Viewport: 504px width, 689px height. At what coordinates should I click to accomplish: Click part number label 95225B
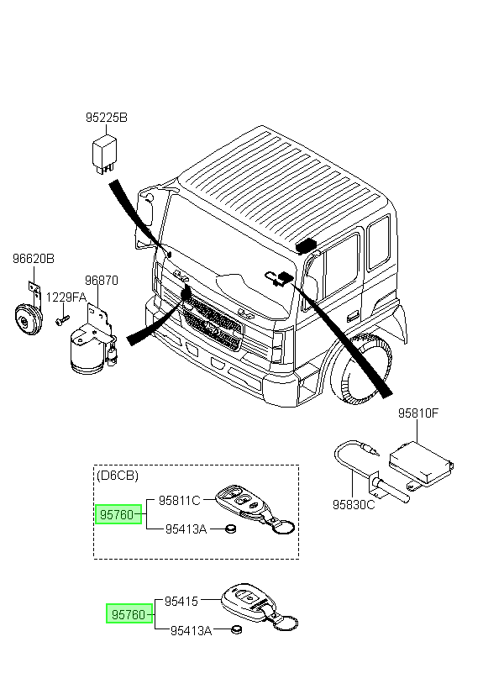(107, 118)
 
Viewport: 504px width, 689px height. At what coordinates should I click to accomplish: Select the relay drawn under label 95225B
(104, 154)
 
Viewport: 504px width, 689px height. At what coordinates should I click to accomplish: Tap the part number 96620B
(34, 259)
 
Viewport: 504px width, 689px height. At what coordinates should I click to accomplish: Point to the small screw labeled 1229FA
(62, 319)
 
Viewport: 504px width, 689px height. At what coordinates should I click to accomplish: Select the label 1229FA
(66, 297)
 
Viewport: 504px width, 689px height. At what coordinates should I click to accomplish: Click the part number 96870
(102, 280)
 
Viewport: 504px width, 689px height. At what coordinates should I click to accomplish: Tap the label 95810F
(418, 413)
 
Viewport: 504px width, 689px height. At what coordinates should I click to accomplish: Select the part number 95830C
(354, 504)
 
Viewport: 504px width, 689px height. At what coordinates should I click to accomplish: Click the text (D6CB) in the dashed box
(118, 476)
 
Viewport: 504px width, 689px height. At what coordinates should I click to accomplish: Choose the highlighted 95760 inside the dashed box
(118, 514)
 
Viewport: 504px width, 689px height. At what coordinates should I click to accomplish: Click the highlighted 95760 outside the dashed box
(129, 614)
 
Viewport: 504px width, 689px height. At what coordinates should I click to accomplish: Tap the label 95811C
(179, 500)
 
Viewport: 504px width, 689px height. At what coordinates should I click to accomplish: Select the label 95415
(181, 600)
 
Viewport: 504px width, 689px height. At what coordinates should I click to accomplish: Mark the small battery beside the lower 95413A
(237, 630)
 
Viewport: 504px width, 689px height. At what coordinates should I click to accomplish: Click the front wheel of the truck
(360, 368)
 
